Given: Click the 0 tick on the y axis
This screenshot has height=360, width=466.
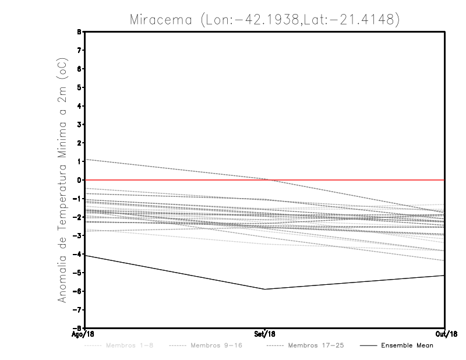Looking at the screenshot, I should [x=79, y=180].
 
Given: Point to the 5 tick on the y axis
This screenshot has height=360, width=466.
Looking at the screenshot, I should [x=79, y=87].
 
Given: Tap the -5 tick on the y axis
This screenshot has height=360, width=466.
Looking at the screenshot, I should [x=78, y=273].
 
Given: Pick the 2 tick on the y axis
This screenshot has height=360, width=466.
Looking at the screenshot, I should [x=79, y=143].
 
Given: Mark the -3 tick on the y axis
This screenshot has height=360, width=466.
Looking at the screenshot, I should [x=78, y=235].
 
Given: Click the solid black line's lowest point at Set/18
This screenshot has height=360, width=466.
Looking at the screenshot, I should [x=265, y=289].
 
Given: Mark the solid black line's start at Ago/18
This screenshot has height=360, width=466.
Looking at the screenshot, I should [x=86, y=256].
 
